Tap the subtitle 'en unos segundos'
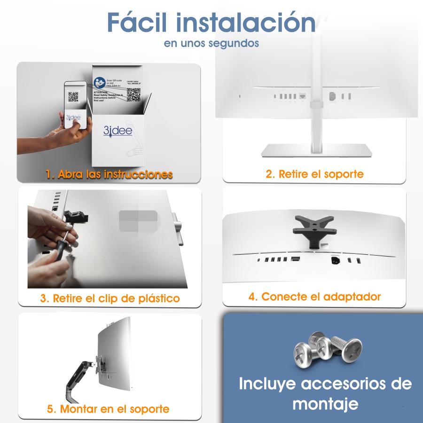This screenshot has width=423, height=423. tap(211, 43)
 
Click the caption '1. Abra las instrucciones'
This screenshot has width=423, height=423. tap(109, 174)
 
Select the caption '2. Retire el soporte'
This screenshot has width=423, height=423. tap(314, 174)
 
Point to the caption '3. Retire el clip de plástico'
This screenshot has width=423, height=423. tap(110, 298)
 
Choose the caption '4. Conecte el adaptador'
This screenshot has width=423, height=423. tap(314, 297)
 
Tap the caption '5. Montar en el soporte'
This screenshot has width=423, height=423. tap(108, 409)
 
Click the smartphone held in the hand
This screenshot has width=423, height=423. tap(75, 106)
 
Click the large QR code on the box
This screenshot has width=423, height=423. tap(133, 94)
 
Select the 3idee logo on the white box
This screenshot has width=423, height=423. tap(112, 130)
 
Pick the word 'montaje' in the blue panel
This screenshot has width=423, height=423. tap(325, 403)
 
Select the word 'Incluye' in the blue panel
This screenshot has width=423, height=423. tap(267, 384)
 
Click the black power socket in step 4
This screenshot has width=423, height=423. tap(335, 260)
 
